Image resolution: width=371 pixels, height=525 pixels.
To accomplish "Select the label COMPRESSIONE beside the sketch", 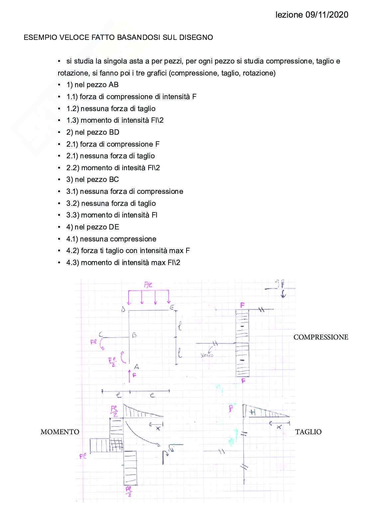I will pyautogui.click(x=321, y=337).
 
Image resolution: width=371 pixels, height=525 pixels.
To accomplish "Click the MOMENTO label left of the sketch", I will pyautogui.click(x=60, y=432).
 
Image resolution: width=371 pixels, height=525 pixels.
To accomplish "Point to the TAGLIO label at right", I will pyautogui.click(x=308, y=432).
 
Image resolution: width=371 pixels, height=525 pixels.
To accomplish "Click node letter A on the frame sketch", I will pyautogui.click(x=136, y=367).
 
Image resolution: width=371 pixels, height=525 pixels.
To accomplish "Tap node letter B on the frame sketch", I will pyautogui.click(x=135, y=335).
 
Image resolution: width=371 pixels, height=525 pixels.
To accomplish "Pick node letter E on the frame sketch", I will pyautogui.click(x=172, y=308).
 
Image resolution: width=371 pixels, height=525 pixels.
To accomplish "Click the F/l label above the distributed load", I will pyautogui.click(x=148, y=285).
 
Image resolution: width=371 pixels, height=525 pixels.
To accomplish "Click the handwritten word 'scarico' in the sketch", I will pyautogui.click(x=207, y=355).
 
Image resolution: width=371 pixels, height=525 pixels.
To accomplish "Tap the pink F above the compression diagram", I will pyautogui.click(x=243, y=305).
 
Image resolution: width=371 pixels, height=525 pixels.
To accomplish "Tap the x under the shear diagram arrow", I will pyautogui.click(x=279, y=427).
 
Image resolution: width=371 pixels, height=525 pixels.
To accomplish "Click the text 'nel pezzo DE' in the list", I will pyautogui.click(x=97, y=227).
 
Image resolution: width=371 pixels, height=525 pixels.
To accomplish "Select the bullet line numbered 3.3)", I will pyautogui.click(x=112, y=215).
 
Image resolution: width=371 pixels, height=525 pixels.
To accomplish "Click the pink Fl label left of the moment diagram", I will pyautogui.click(x=83, y=456).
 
